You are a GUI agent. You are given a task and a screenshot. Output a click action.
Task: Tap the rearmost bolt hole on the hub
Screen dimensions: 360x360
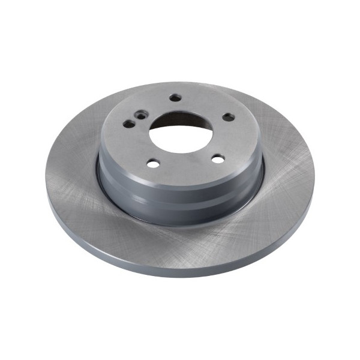tap(175, 98)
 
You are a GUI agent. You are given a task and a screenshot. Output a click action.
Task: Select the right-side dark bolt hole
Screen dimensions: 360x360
tap(228, 118)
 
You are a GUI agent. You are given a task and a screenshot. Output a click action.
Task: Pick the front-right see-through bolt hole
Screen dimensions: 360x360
tap(218, 159)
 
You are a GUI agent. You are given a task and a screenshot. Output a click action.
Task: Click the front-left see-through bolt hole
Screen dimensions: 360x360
tap(153, 163)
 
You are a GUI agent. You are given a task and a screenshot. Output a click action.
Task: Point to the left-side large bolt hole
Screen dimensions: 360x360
tap(130, 124)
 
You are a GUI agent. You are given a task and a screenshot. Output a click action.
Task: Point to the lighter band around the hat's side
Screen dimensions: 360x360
tap(180, 191)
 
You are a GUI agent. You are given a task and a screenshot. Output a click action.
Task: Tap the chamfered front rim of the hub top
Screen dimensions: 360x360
tap(180, 180)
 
